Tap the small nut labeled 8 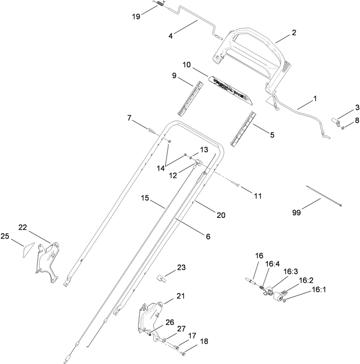(x=343, y=128)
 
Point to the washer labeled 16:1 (x=286, y=299)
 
